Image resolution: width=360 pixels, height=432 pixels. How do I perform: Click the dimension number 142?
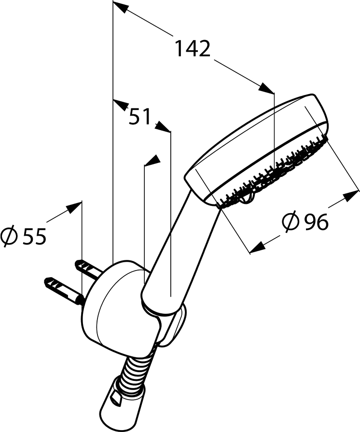[193, 49]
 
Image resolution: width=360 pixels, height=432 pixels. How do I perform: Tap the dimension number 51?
[140, 116]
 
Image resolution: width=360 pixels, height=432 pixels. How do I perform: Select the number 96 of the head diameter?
[317, 221]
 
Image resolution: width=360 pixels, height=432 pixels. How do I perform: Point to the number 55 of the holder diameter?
[34, 236]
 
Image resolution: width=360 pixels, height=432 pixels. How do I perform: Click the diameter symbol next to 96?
[291, 221]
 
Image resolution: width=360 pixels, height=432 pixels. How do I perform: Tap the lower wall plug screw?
[64, 290]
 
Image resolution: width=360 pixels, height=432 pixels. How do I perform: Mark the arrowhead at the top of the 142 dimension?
[120, 8]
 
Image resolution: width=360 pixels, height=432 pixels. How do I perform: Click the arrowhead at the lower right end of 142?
[266, 88]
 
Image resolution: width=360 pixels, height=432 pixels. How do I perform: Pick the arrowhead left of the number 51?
[121, 106]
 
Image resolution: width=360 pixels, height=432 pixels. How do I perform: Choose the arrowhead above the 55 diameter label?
[74, 207]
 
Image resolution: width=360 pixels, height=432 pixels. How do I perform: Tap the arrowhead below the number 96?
[257, 247]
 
